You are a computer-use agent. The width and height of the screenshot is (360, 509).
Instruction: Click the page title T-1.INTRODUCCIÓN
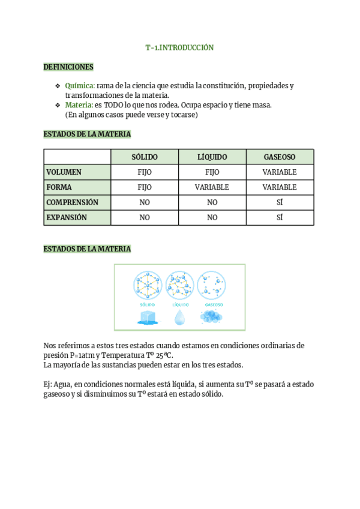tap(179, 47)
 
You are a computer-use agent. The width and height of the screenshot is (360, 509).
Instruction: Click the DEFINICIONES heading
tap(68, 67)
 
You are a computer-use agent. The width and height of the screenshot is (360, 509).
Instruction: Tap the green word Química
tap(79, 86)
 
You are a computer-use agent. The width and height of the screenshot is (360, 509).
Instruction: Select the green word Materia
tap(79, 105)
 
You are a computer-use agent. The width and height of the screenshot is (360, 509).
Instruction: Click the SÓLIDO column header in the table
tap(145, 157)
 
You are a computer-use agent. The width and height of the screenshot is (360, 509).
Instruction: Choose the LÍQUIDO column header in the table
tap(212, 157)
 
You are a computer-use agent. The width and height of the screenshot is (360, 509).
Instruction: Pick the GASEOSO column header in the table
tap(280, 157)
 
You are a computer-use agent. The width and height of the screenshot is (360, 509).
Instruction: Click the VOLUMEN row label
tap(64, 172)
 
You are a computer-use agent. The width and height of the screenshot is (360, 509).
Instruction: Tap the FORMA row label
tap(59, 187)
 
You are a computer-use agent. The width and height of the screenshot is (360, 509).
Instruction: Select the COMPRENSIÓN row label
tap(73, 202)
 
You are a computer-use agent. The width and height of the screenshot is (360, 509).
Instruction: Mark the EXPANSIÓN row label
tap(67, 217)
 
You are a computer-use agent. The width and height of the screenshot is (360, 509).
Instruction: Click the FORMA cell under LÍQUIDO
tap(212, 187)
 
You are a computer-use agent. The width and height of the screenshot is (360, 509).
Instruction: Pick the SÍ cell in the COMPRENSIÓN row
tap(280, 202)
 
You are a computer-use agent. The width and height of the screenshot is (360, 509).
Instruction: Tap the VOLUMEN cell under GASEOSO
tap(280, 172)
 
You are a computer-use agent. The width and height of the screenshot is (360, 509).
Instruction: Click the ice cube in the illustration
tap(147, 318)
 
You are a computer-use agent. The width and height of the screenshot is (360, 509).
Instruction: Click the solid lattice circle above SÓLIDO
tap(147, 285)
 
